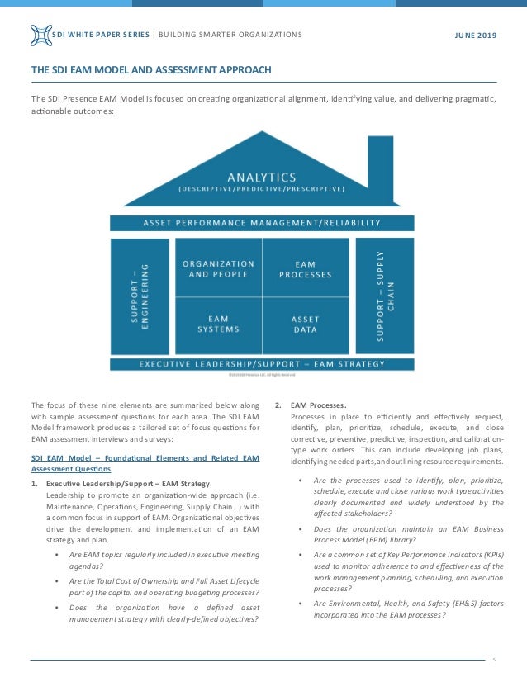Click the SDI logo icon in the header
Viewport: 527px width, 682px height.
click(x=40, y=35)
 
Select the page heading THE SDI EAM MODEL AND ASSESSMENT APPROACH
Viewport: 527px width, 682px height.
click(x=150, y=69)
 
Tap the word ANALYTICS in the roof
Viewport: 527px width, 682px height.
click(x=262, y=176)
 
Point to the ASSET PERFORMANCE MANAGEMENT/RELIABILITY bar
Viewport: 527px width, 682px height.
click(x=262, y=222)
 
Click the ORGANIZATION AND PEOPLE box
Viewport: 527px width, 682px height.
click(x=217, y=268)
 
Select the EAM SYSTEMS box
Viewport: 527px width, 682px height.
click(x=217, y=323)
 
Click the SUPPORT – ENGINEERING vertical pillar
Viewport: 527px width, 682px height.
click(x=139, y=295)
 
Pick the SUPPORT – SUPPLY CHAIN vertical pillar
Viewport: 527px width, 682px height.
click(x=385, y=295)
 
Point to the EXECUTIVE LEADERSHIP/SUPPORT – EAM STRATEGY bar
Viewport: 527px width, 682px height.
click(x=262, y=363)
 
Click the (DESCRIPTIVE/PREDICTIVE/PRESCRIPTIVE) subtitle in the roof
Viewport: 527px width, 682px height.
click(x=262, y=189)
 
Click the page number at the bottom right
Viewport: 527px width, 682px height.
click(x=493, y=660)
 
